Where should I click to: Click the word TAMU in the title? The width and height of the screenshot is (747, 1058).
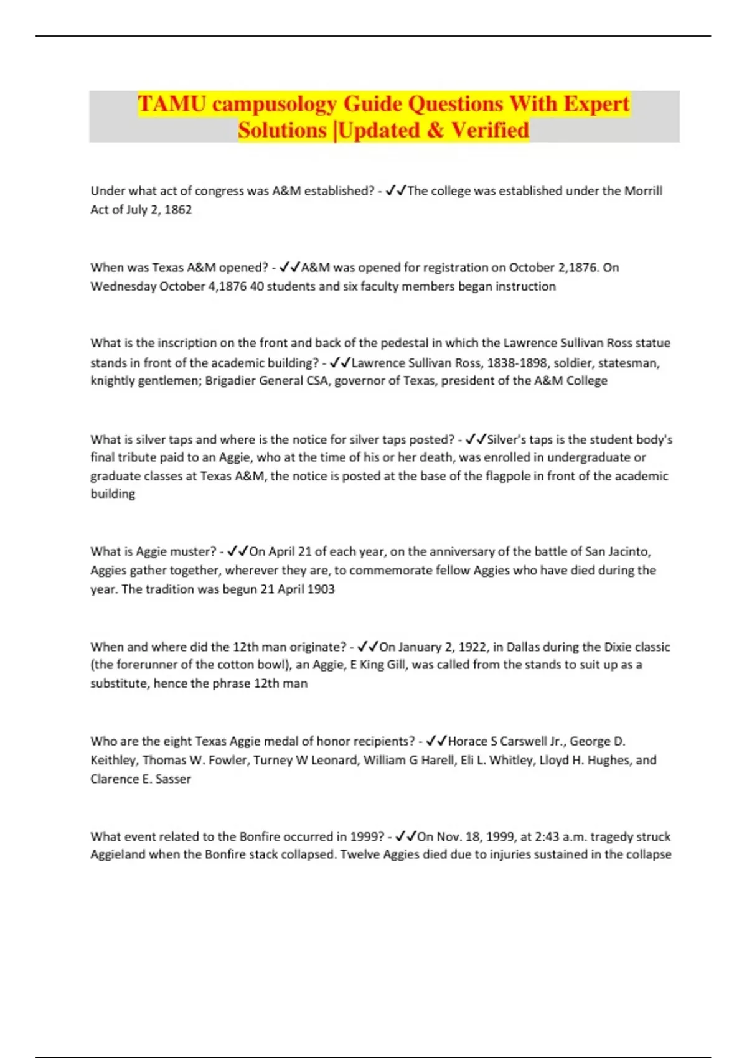(x=172, y=103)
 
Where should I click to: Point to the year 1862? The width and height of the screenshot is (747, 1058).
(x=178, y=210)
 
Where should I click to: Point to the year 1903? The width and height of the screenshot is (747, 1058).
(x=321, y=589)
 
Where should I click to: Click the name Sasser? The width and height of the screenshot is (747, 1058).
(x=173, y=779)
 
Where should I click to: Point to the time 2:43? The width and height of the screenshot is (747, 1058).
(x=547, y=836)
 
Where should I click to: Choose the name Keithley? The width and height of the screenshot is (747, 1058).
(x=113, y=760)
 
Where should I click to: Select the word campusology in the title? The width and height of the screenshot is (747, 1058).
(x=274, y=103)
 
